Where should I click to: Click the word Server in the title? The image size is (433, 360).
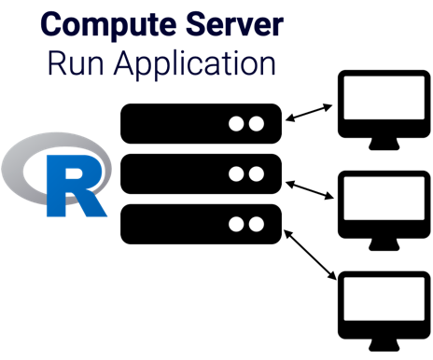coord(234,24)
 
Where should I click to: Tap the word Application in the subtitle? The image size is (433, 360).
coord(196,66)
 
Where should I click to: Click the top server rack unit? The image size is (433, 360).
coord(201,123)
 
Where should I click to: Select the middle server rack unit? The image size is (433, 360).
coord(201,173)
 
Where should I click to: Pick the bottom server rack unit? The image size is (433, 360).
coord(201,224)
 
